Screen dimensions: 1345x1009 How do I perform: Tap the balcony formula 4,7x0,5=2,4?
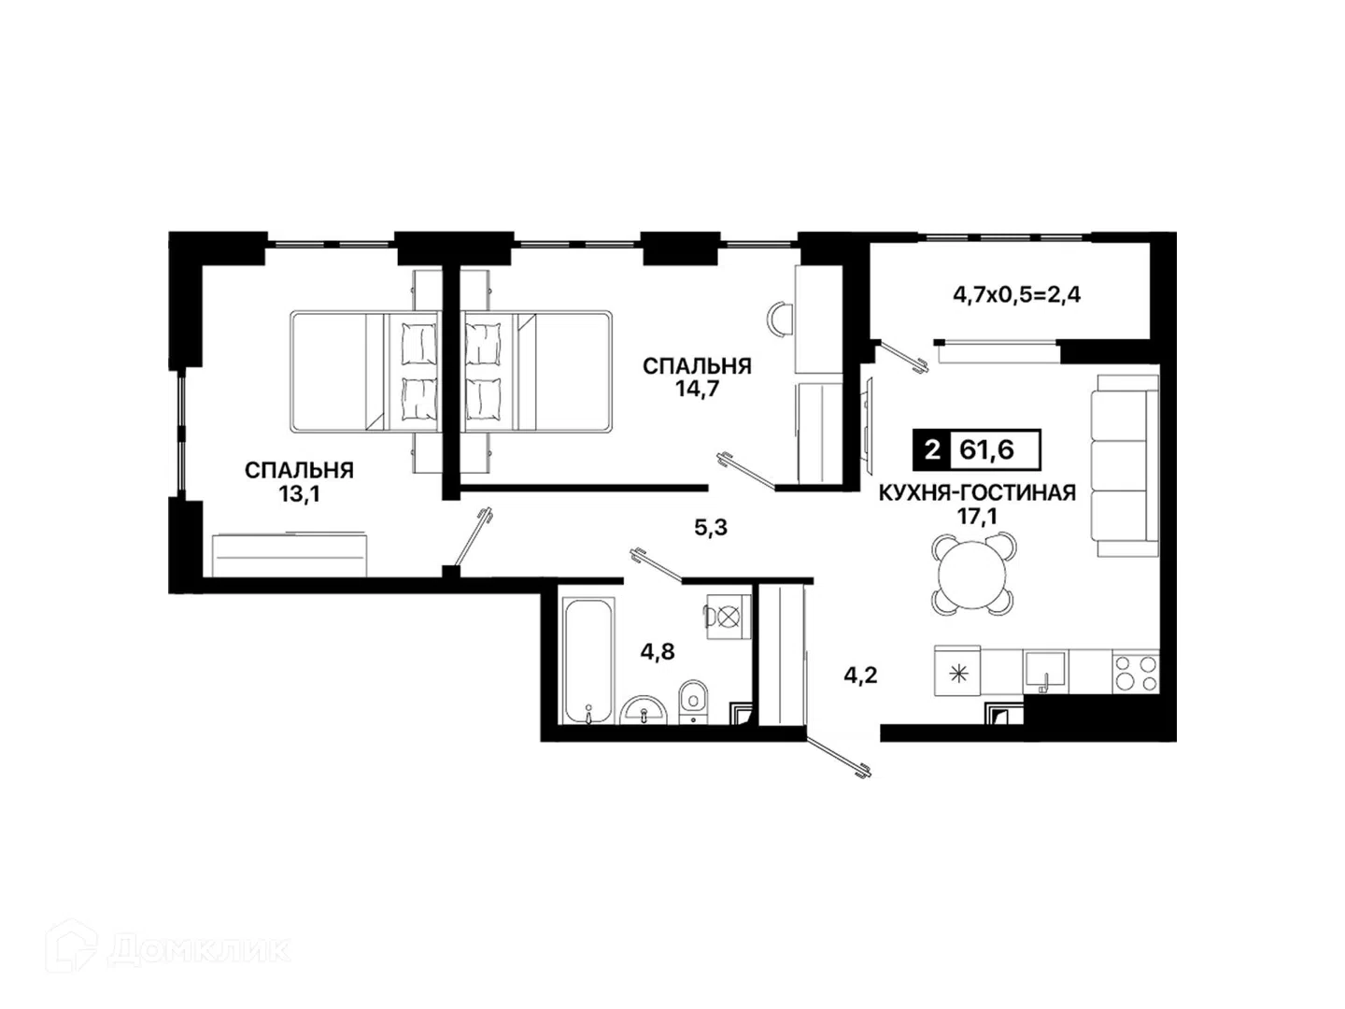pyautogui.click(x=1016, y=295)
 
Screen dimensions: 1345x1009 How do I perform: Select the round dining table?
pyautogui.click(x=972, y=574)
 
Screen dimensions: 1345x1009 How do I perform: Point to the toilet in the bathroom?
pyautogui.click(x=693, y=702)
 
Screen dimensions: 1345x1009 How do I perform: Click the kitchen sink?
pyautogui.click(x=1045, y=672)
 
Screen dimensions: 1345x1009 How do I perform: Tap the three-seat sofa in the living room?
pyautogui.click(x=1125, y=465)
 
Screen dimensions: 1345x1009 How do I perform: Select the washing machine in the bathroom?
pyautogui.click(x=729, y=617)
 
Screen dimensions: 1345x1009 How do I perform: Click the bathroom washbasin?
pyautogui.click(x=644, y=711)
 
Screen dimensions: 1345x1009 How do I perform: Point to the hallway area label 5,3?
pyautogui.click(x=711, y=527)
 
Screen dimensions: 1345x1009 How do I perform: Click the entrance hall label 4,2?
pyautogui.click(x=860, y=675)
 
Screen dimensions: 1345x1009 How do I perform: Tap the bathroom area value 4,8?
pyautogui.click(x=658, y=652)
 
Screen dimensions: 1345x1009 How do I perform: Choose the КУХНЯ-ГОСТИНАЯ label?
pyautogui.click(x=977, y=493)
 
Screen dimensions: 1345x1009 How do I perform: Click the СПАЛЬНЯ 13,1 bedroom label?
pyautogui.click(x=299, y=481)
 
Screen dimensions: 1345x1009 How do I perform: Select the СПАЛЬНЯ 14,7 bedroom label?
pyautogui.click(x=698, y=377)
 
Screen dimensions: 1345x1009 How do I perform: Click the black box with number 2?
pyautogui.click(x=932, y=450)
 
